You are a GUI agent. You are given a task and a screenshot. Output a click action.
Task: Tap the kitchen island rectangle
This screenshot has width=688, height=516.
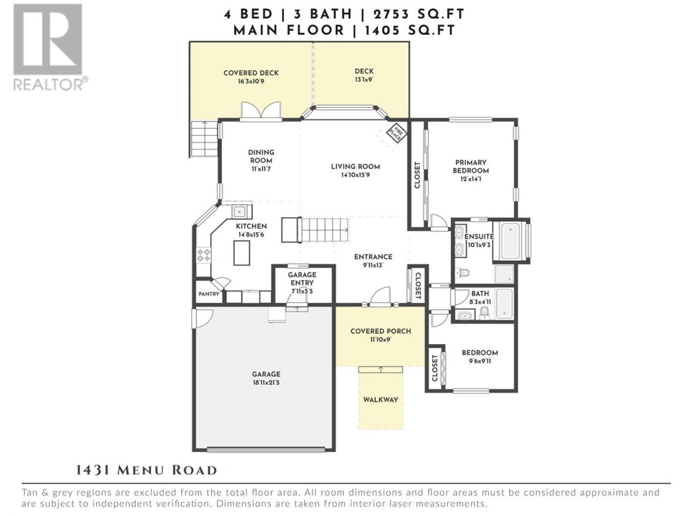(242, 253)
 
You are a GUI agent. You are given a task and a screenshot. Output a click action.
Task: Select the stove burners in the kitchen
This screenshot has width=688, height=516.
(203, 255)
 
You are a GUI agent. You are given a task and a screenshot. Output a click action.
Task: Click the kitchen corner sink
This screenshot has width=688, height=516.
(240, 211)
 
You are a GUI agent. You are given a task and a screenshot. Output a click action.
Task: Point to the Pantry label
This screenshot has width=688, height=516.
(209, 294)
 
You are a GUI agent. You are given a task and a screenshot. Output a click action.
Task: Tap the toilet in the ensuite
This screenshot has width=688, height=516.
(462, 273)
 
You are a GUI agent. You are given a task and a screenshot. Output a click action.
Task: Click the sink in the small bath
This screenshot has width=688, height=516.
(464, 316)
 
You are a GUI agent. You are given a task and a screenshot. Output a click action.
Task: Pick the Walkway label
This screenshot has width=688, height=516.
(381, 400)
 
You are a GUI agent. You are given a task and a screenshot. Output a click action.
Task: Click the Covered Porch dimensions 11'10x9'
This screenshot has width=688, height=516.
(381, 339)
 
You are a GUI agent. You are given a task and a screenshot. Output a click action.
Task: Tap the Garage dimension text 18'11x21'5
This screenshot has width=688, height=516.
(266, 382)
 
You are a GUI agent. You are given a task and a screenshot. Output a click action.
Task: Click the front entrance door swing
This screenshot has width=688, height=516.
(381, 295)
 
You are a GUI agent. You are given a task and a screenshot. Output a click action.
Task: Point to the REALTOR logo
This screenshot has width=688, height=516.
(50, 48)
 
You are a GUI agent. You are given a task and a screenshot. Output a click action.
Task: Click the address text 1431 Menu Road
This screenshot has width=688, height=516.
(147, 470)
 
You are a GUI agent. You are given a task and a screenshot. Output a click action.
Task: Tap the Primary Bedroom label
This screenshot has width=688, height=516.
(470, 167)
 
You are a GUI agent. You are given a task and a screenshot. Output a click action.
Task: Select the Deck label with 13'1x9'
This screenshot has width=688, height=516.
(364, 75)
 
